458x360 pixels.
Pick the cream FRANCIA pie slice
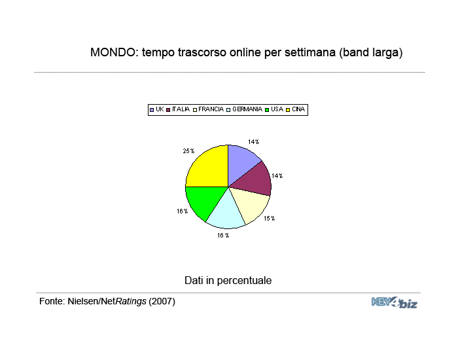(x=251, y=203)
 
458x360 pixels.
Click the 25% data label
(x=188, y=151)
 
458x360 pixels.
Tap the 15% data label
(x=270, y=219)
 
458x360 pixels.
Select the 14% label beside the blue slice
(x=254, y=142)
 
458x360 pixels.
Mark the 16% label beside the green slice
(x=183, y=211)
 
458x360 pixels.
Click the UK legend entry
(x=157, y=109)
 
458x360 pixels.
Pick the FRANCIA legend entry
(x=208, y=109)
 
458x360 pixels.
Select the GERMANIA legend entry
(x=245, y=109)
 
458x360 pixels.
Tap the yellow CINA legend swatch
(x=288, y=110)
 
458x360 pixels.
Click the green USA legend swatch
(x=267, y=110)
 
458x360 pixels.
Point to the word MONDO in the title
(x=114, y=52)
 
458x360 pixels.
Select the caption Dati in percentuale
(x=228, y=281)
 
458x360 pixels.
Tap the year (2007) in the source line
(x=162, y=301)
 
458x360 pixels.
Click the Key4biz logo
(x=395, y=302)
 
